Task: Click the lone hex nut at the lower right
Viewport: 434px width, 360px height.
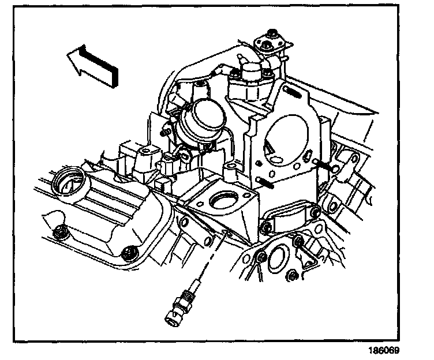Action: tap(293, 276)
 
